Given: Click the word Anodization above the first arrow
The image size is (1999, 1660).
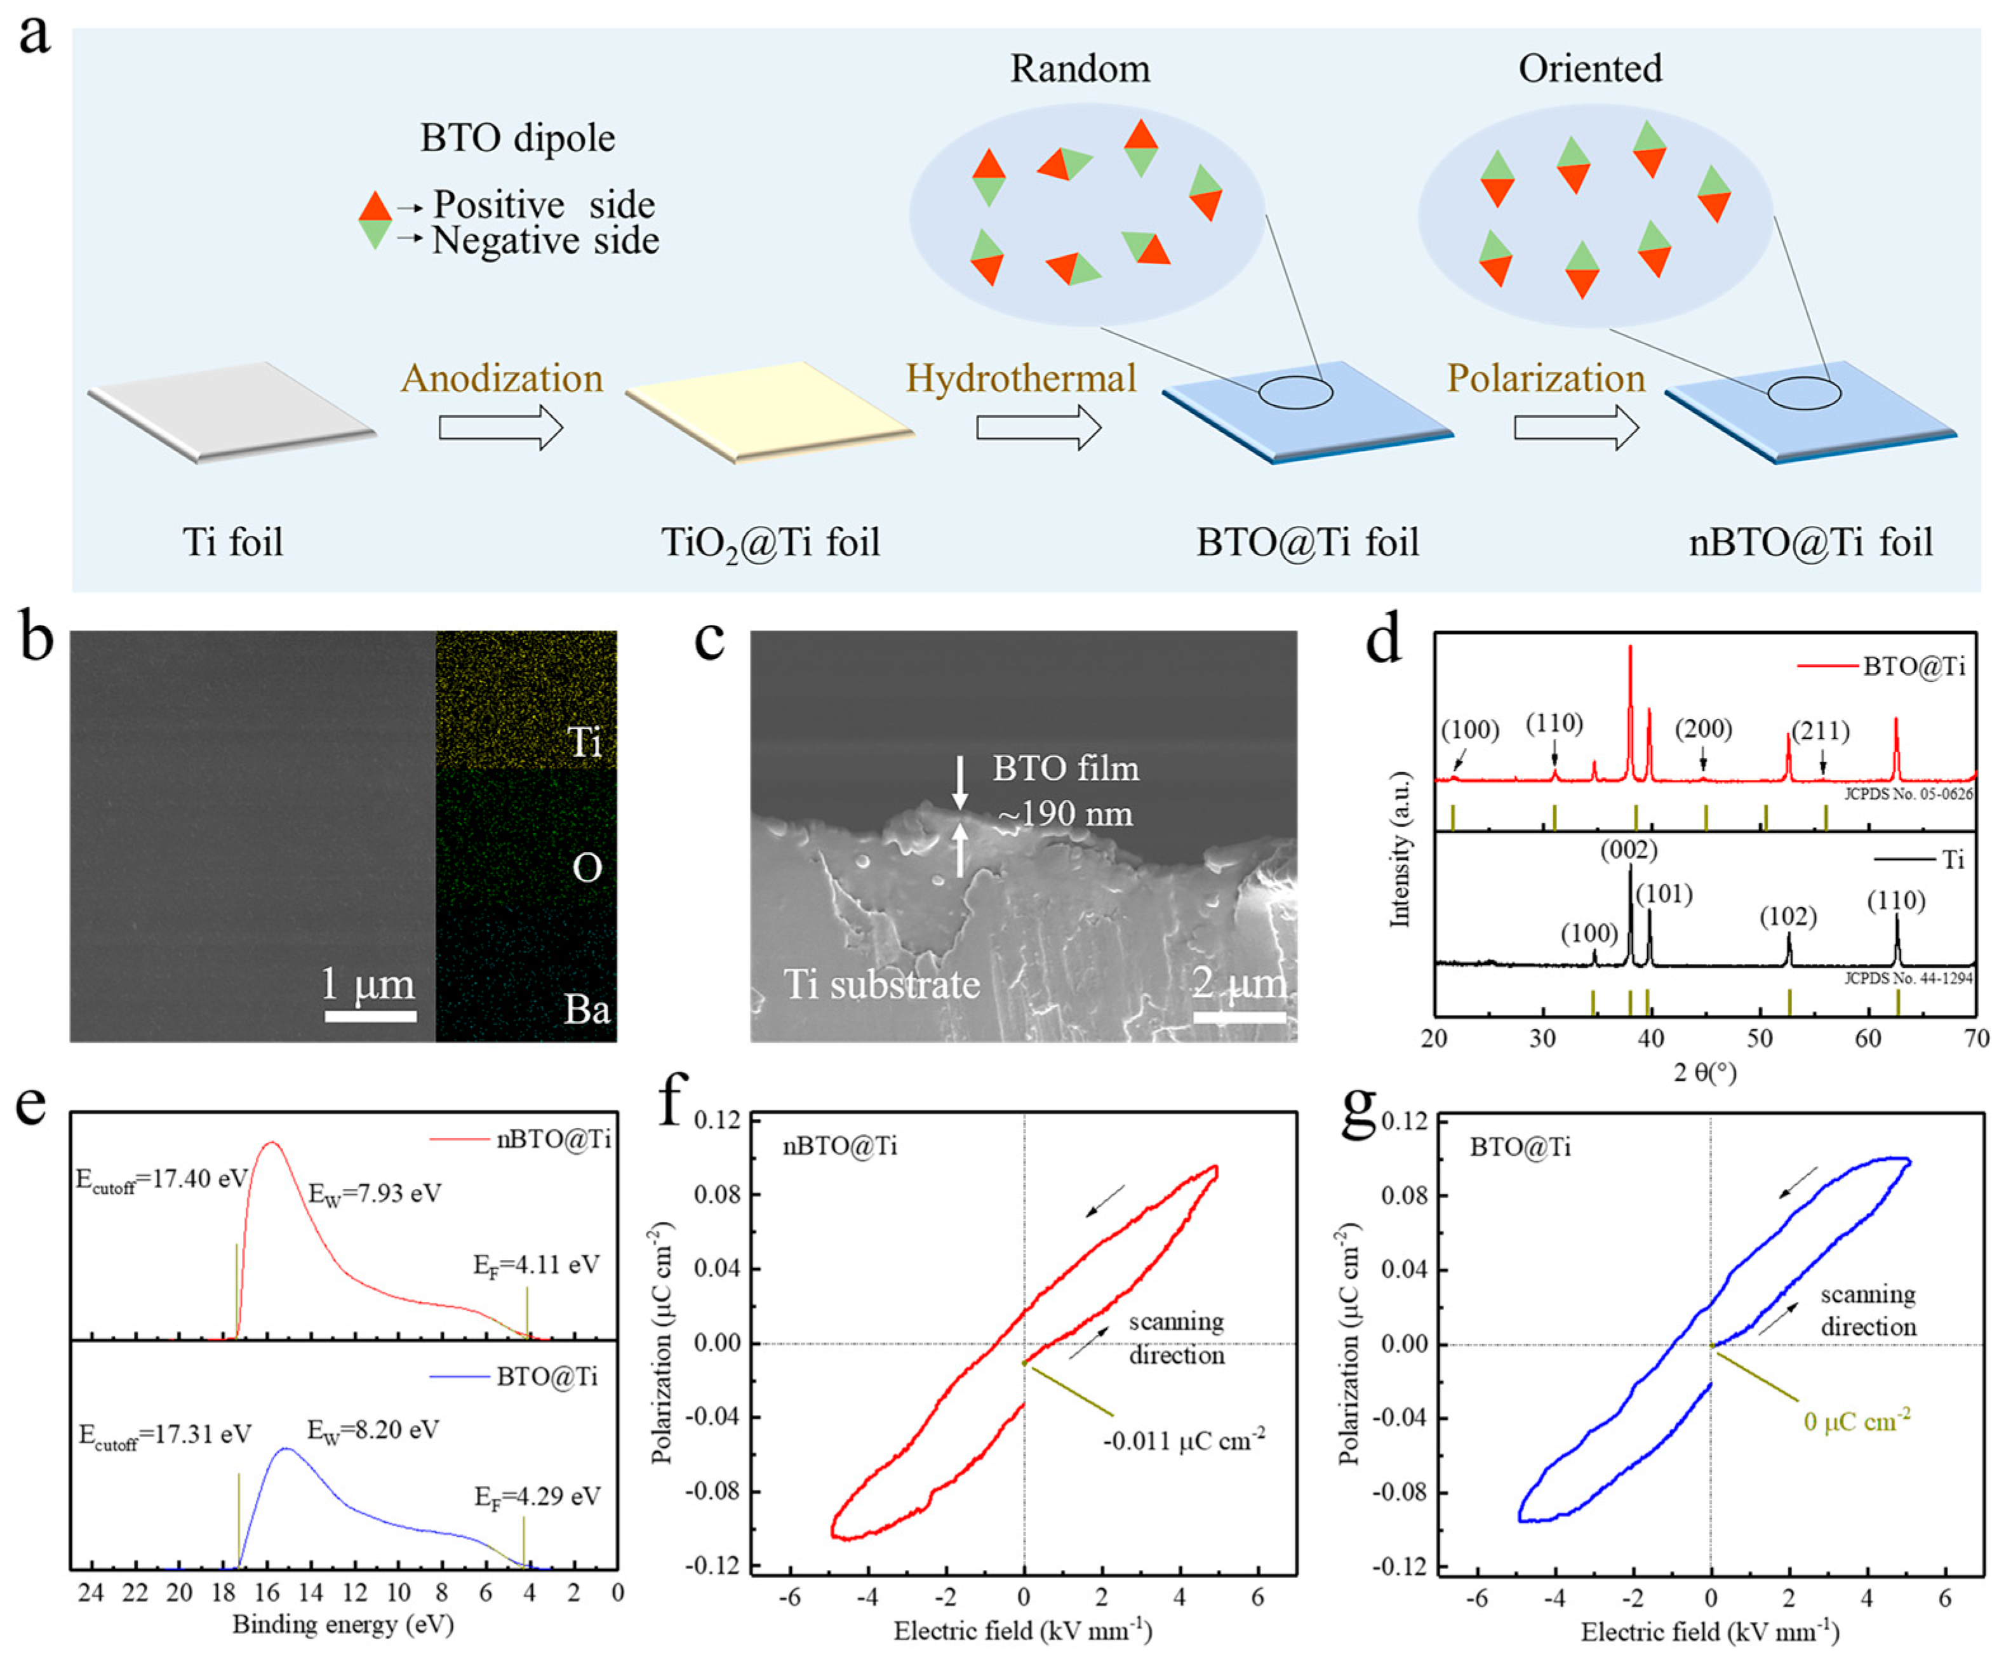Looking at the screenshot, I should [x=502, y=379].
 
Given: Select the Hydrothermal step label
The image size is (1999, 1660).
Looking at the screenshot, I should [x=1020, y=379].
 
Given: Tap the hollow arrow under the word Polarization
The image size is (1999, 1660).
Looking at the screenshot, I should [x=1575, y=427].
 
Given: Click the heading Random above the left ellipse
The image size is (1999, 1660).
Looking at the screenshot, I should [x=1080, y=69].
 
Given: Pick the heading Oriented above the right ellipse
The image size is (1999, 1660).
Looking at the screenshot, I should [x=1589, y=69].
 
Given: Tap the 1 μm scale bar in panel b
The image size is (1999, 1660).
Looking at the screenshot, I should [x=370, y=1015].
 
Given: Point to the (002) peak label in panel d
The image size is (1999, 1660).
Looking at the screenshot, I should [x=1629, y=849].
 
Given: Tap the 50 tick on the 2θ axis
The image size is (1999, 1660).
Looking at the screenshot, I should [x=1760, y=1038].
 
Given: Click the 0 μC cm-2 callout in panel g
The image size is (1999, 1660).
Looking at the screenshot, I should [x=1856, y=1421].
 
